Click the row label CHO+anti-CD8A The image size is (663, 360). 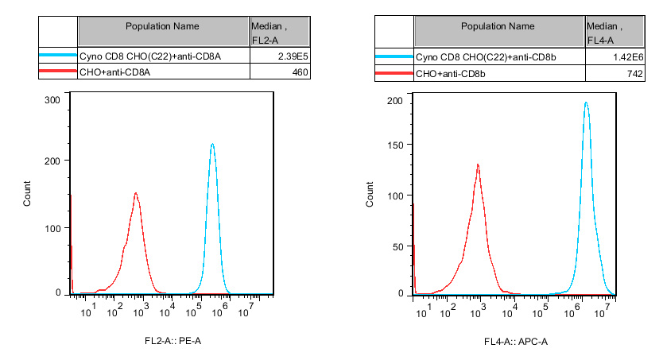coord(114,72)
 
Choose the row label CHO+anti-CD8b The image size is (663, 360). coord(451,73)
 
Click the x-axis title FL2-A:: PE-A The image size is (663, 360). coord(173,342)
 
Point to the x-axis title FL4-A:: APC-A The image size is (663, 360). coord(516,342)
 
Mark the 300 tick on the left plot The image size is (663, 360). coord(53,100)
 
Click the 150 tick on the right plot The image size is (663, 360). coord(395,145)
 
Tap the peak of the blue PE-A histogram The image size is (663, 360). coord(212,145)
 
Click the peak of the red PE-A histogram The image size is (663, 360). coord(136,193)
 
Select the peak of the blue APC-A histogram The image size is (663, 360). coord(586,103)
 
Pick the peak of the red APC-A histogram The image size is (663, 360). coord(478,165)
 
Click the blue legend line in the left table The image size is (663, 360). coord(57,56)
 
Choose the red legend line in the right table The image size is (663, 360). coord(394,73)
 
